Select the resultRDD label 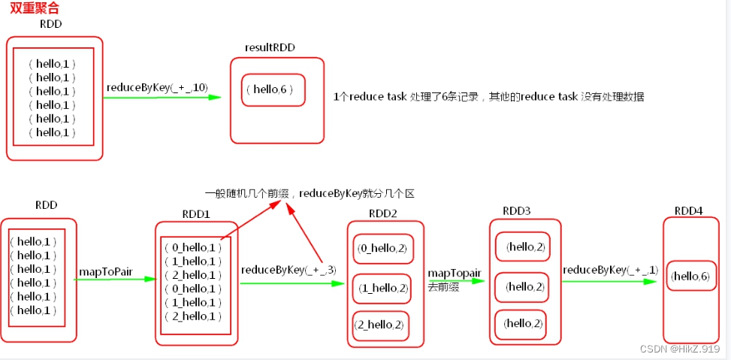tap(270, 47)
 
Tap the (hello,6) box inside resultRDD tap(273, 89)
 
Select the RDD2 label tap(383, 213)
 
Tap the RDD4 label tap(688, 210)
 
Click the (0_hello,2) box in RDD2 tap(383, 249)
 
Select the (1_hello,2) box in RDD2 tap(383, 288)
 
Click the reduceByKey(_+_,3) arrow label tap(288, 269)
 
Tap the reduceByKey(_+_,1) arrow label tap(610, 269)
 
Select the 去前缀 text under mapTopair tap(445, 286)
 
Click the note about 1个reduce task tap(488, 97)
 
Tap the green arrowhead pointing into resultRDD tap(216, 97)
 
